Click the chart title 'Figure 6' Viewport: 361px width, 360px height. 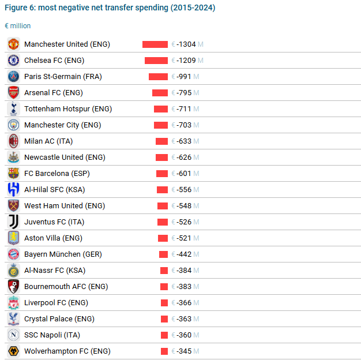pos(110,8)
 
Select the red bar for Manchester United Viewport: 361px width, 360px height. pos(155,44)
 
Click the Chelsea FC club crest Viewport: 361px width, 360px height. pos(14,61)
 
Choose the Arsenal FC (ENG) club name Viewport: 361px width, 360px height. pos(53,93)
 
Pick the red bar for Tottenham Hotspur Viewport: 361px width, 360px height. pos(161,109)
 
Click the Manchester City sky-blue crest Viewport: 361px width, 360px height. pos(14,125)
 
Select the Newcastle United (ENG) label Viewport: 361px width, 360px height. pos(65,157)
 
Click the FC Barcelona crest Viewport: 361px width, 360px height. pos(14,174)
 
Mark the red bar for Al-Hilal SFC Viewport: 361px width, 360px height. pos(162,190)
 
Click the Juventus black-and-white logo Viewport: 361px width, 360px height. pos(14,222)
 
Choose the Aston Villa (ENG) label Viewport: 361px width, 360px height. pos(53,238)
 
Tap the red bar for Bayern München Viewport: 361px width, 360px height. pos(163,254)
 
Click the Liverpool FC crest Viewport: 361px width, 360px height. pos(14,303)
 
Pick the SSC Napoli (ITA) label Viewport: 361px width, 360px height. pos(52,335)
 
